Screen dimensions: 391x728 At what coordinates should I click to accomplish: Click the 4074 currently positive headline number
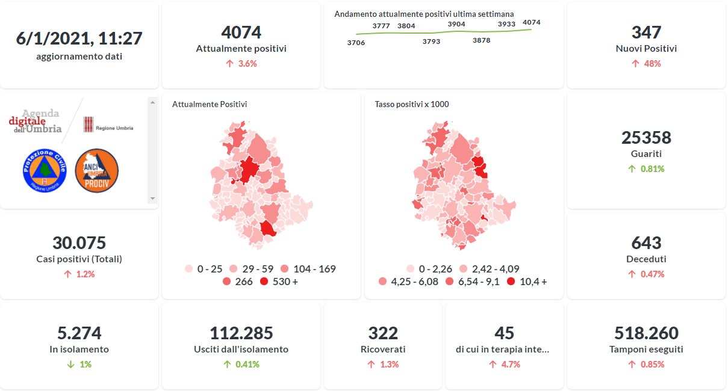coord(241,32)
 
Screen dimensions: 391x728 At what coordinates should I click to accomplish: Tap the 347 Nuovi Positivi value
coord(646,32)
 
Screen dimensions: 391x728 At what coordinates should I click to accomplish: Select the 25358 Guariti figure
coord(646,138)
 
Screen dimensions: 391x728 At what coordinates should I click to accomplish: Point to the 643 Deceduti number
coord(646,243)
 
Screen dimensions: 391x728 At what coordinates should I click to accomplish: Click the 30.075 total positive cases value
coord(79,243)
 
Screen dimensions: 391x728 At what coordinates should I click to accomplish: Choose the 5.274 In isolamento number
coord(79,333)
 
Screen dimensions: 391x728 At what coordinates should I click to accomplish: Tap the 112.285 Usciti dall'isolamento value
coord(241,333)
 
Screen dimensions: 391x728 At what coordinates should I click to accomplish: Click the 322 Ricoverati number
coord(383,333)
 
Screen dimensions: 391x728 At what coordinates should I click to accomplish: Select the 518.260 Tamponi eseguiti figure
coord(646,333)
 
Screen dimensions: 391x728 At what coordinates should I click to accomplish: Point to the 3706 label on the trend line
coord(356,43)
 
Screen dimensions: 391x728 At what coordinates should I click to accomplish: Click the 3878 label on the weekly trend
coord(481,40)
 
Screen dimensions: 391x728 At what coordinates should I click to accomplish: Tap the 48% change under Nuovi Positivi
coord(652,64)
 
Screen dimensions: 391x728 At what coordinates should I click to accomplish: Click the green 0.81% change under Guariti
coord(652,169)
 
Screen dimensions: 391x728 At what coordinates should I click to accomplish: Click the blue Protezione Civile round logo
coord(44,171)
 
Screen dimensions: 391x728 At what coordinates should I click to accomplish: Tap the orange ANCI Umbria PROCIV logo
coord(96,171)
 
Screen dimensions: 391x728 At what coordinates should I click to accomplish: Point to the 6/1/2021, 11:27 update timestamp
coord(79,38)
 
